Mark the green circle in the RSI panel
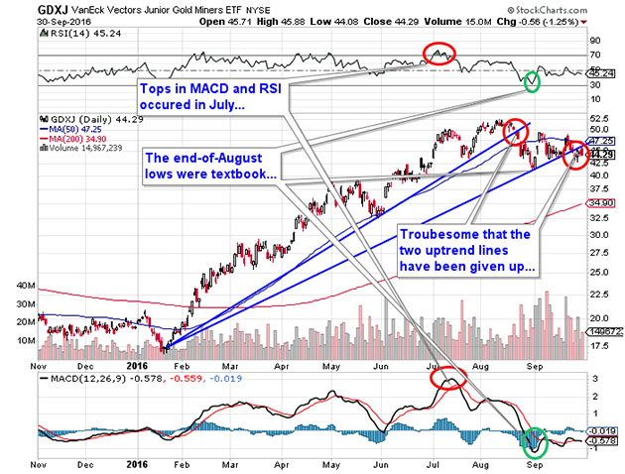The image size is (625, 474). [533, 81]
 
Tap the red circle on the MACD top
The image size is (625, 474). [449, 378]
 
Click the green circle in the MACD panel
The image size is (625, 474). [533, 438]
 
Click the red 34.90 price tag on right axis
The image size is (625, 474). [605, 202]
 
